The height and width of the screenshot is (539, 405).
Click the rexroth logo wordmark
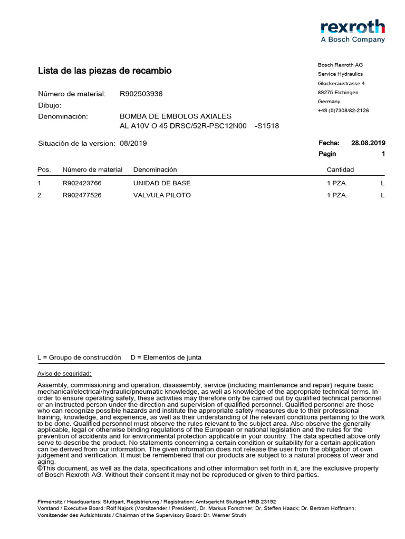[x=353, y=27]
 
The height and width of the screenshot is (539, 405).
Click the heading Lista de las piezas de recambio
[x=104, y=71]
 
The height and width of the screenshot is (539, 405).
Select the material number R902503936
[x=141, y=94]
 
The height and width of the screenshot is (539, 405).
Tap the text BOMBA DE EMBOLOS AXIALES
[x=176, y=116]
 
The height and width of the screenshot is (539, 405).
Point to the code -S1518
[x=267, y=126]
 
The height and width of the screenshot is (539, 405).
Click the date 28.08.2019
[x=368, y=143]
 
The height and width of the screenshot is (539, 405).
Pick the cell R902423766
[x=82, y=183]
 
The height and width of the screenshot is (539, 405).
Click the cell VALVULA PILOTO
[x=162, y=195]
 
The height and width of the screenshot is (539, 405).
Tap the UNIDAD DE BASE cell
[x=162, y=183]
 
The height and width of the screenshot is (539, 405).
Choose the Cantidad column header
[x=340, y=169]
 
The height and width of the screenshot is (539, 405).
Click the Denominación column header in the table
[x=155, y=169]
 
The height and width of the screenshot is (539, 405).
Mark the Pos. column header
[x=44, y=169]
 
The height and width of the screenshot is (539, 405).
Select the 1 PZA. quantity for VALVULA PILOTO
[x=337, y=195]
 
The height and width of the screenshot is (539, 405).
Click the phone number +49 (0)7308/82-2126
[x=343, y=111]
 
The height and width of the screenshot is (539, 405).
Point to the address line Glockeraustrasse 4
[x=341, y=83]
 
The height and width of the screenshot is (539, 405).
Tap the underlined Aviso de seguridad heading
[x=64, y=373]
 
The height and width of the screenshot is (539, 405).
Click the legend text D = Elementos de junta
[x=166, y=357]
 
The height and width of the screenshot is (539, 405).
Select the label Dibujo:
[x=50, y=105]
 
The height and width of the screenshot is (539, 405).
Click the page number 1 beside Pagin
[x=383, y=154]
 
